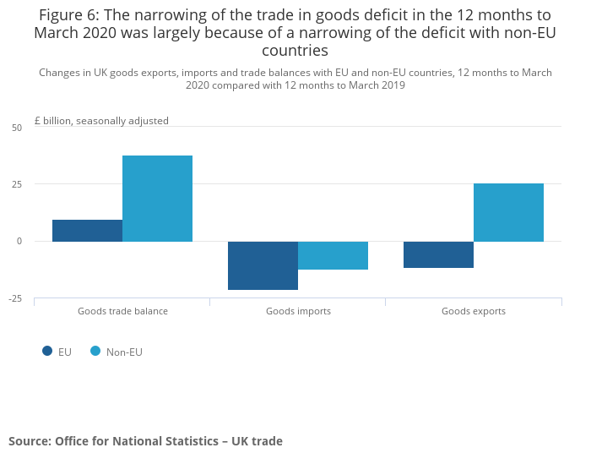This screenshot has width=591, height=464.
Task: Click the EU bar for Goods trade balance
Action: (87, 231)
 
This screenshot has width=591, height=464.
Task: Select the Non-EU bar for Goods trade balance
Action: (157, 199)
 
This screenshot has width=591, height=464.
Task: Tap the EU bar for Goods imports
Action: (263, 265)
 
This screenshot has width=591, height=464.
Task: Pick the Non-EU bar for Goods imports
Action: (333, 255)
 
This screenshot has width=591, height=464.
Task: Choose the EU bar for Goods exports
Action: (438, 254)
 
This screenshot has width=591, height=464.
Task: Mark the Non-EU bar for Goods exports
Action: (508, 212)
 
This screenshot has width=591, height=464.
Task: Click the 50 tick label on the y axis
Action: (17, 128)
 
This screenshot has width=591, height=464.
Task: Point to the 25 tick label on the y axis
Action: (17, 184)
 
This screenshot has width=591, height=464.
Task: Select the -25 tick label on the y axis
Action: (15, 298)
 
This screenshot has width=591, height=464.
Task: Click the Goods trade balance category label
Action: (122, 311)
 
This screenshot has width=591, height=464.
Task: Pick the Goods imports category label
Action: (298, 311)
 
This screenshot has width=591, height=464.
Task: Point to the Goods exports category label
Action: (474, 311)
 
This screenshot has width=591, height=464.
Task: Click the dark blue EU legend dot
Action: (47, 352)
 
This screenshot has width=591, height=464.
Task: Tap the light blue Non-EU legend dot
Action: (95, 352)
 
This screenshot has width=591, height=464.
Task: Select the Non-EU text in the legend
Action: (124, 352)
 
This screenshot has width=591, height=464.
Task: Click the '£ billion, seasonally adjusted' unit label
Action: (101, 121)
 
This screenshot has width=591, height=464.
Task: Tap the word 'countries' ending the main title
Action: (295, 51)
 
